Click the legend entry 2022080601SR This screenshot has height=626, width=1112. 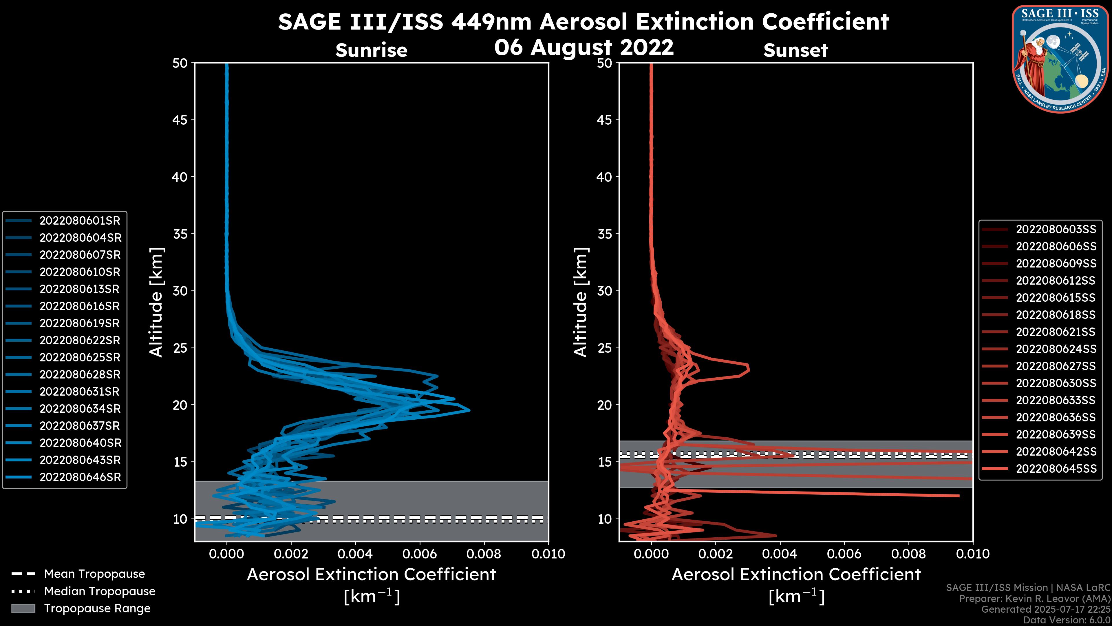(80, 221)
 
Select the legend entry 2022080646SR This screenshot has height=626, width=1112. (80, 477)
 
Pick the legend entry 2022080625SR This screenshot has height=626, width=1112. (80, 358)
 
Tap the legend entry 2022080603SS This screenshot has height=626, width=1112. (1056, 230)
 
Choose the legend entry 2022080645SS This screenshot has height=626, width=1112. (1056, 469)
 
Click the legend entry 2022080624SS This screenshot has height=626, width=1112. (1056, 349)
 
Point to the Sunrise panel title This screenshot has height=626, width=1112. (371, 50)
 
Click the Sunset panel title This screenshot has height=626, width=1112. (795, 50)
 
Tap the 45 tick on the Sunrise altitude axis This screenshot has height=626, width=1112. (180, 120)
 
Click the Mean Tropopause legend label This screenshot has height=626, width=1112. (94, 574)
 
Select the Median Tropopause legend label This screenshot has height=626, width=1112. (100, 592)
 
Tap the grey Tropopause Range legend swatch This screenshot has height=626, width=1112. (23, 609)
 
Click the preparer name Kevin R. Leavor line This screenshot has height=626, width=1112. (1034, 599)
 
